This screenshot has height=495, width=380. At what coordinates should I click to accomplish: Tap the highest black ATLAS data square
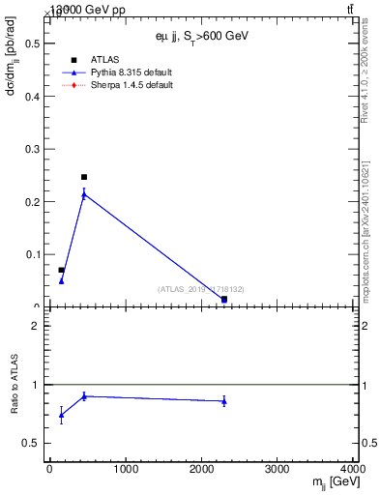pyautogui.click(x=84, y=177)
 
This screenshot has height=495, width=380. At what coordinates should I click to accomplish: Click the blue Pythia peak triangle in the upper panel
pyautogui.click(x=84, y=194)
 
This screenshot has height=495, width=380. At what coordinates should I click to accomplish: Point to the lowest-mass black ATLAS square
pyautogui.click(x=61, y=271)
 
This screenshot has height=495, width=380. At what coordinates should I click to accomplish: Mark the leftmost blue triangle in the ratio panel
pyautogui.click(x=61, y=415)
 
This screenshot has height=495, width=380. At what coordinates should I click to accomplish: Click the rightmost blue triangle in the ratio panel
pyautogui.click(x=224, y=400)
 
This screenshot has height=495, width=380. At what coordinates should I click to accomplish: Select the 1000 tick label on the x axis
pyautogui.click(x=125, y=470)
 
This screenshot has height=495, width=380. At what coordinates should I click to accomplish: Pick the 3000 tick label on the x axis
pyautogui.click(x=278, y=470)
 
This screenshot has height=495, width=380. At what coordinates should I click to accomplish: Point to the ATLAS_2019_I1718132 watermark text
pyautogui.click(x=201, y=288)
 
